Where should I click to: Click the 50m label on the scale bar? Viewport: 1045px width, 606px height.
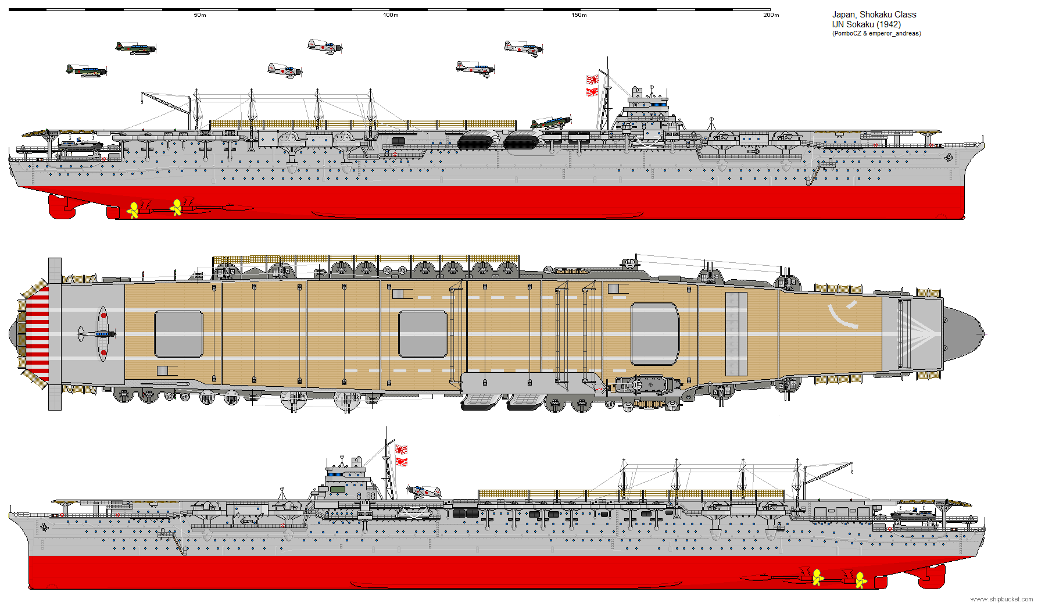[x=199, y=15]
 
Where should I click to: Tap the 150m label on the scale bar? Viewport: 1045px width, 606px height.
[x=579, y=15]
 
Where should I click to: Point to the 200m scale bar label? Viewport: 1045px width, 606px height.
[x=771, y=15]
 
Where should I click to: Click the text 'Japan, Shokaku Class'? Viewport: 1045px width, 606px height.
[x=874, y=15]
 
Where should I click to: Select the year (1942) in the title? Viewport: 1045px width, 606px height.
[x=889, y=24]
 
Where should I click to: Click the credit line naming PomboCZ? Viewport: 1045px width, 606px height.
[x=876, y=34]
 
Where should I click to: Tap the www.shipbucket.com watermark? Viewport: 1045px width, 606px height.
[x=1001, y=599]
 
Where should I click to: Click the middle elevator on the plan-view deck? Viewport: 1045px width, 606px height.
[x=423, y=334]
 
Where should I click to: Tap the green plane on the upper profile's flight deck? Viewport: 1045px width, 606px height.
[x=550, y=122]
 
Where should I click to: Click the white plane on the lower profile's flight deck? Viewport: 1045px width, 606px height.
[x=424, y=492]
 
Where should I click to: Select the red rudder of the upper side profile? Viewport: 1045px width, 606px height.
[x=60, y=206]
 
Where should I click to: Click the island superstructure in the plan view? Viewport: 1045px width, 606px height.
[x=645, y=384]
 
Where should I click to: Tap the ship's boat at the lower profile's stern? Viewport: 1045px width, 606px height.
[x=912, y=514]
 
